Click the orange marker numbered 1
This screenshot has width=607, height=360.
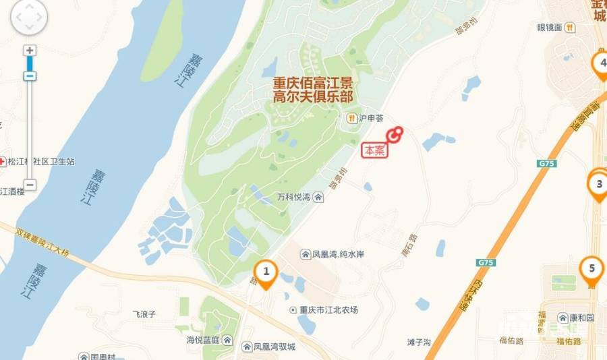coord(266,272)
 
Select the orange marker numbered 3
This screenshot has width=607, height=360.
coord(598,183)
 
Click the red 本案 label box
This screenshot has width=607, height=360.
coord(375,151)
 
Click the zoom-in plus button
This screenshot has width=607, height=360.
coord(30,51)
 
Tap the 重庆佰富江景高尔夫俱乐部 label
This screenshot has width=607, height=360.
coord(312,90)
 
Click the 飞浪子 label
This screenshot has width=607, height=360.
coord(144,314)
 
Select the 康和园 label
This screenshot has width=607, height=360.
coord(579,318)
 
